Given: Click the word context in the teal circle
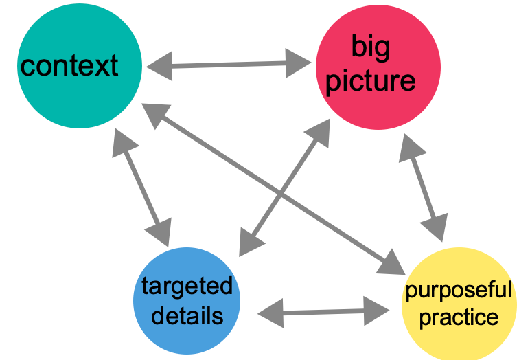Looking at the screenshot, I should pos(69,67).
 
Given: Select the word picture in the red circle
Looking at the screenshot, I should pos(370,81).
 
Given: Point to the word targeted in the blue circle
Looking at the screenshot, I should pos(187,286).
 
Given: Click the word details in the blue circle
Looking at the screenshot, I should pos(187,315).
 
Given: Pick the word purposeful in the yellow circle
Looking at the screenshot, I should pos(458,291).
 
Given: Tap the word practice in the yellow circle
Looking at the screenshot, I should pos(458,318).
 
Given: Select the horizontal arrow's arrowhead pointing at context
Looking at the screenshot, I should pos(157,67).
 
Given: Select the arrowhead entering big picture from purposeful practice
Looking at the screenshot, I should pos(411,146).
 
